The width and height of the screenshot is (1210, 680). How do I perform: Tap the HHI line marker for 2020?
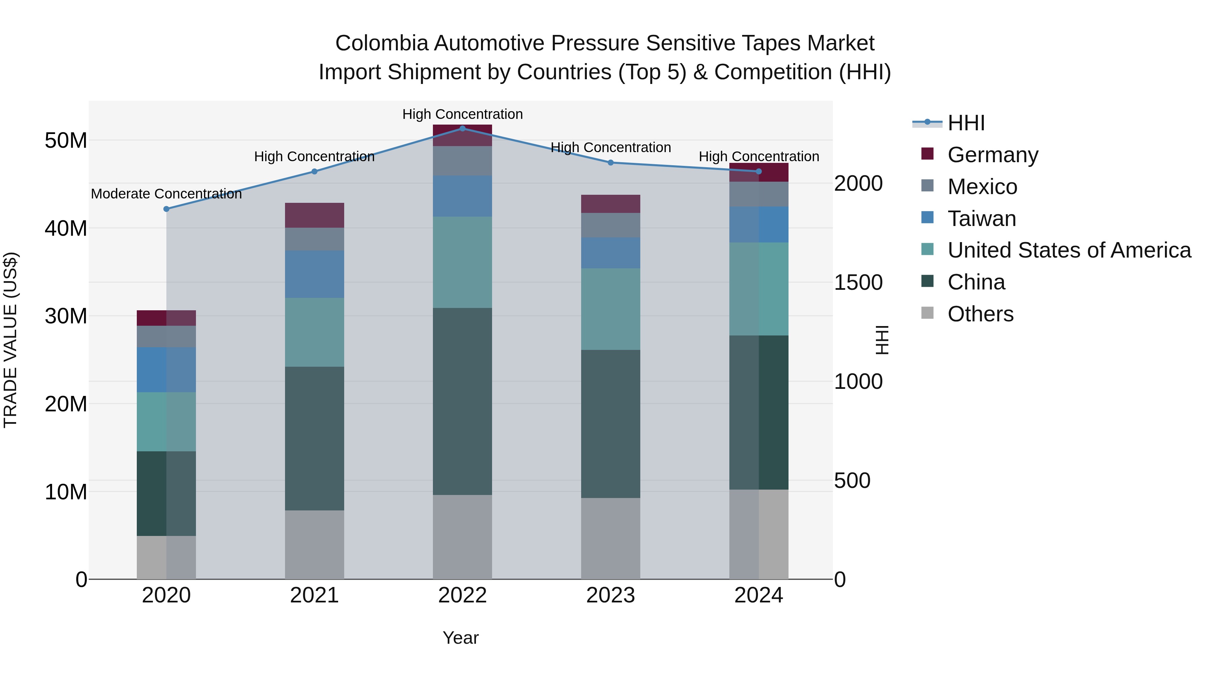166,209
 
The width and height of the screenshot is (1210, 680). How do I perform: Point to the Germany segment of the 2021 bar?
314,215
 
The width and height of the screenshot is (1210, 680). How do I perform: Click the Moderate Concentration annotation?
166,194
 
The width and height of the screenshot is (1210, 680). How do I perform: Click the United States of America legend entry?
1068,250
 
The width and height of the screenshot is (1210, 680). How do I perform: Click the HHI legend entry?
965,123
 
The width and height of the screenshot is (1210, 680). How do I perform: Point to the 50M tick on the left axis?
66,140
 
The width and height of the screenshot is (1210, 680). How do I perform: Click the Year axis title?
460,638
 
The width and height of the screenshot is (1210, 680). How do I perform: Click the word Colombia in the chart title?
381,43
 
